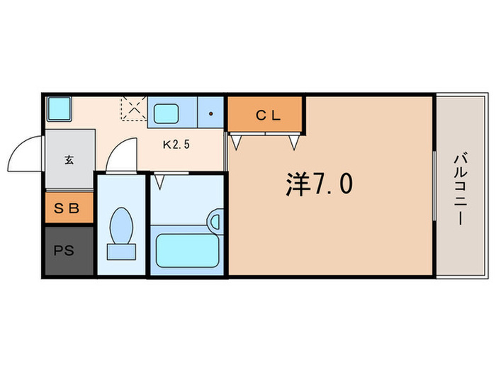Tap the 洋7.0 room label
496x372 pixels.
point(319,185)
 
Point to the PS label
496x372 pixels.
point(62,251)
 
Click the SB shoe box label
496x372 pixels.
point(69,210)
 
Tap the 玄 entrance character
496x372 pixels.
point(69,160)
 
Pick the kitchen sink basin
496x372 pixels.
point(167,113)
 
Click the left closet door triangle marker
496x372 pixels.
point(237,141)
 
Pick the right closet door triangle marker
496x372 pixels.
point(293,142)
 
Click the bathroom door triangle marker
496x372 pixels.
point(160,182)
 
